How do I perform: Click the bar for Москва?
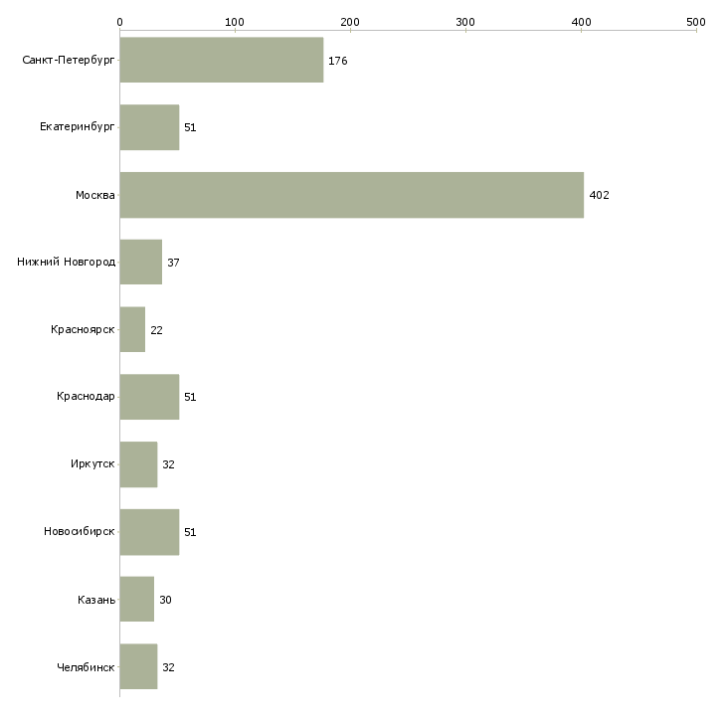(x=352, y=195)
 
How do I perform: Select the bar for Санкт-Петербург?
(x=222, y=60)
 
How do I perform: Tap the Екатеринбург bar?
(x=149, y=127)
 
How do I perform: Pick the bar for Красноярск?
(x=132, y=329)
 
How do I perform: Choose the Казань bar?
(x=137, y=599)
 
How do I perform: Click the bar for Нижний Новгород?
(x=141, y=263)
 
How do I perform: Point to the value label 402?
(x=599, y=195)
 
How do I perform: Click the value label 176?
(x=337, y=61)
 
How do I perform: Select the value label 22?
(x=156, y=330)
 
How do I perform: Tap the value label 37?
(x=173, y=263)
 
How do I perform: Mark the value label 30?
(x=165, y=600)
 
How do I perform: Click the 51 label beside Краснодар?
(x=190, y=397)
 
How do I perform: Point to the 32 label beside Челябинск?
(x=168, y=667)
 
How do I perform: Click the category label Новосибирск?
(x=80, y=531)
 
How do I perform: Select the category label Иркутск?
(x=92, y=463)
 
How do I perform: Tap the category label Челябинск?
(x=86, y=667)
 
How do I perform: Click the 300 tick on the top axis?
(x=465, y=22)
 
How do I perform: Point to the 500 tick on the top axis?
(x=696, y=22)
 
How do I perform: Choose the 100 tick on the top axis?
(x=235, y=22)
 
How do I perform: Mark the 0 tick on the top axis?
(x=120, y=22)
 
